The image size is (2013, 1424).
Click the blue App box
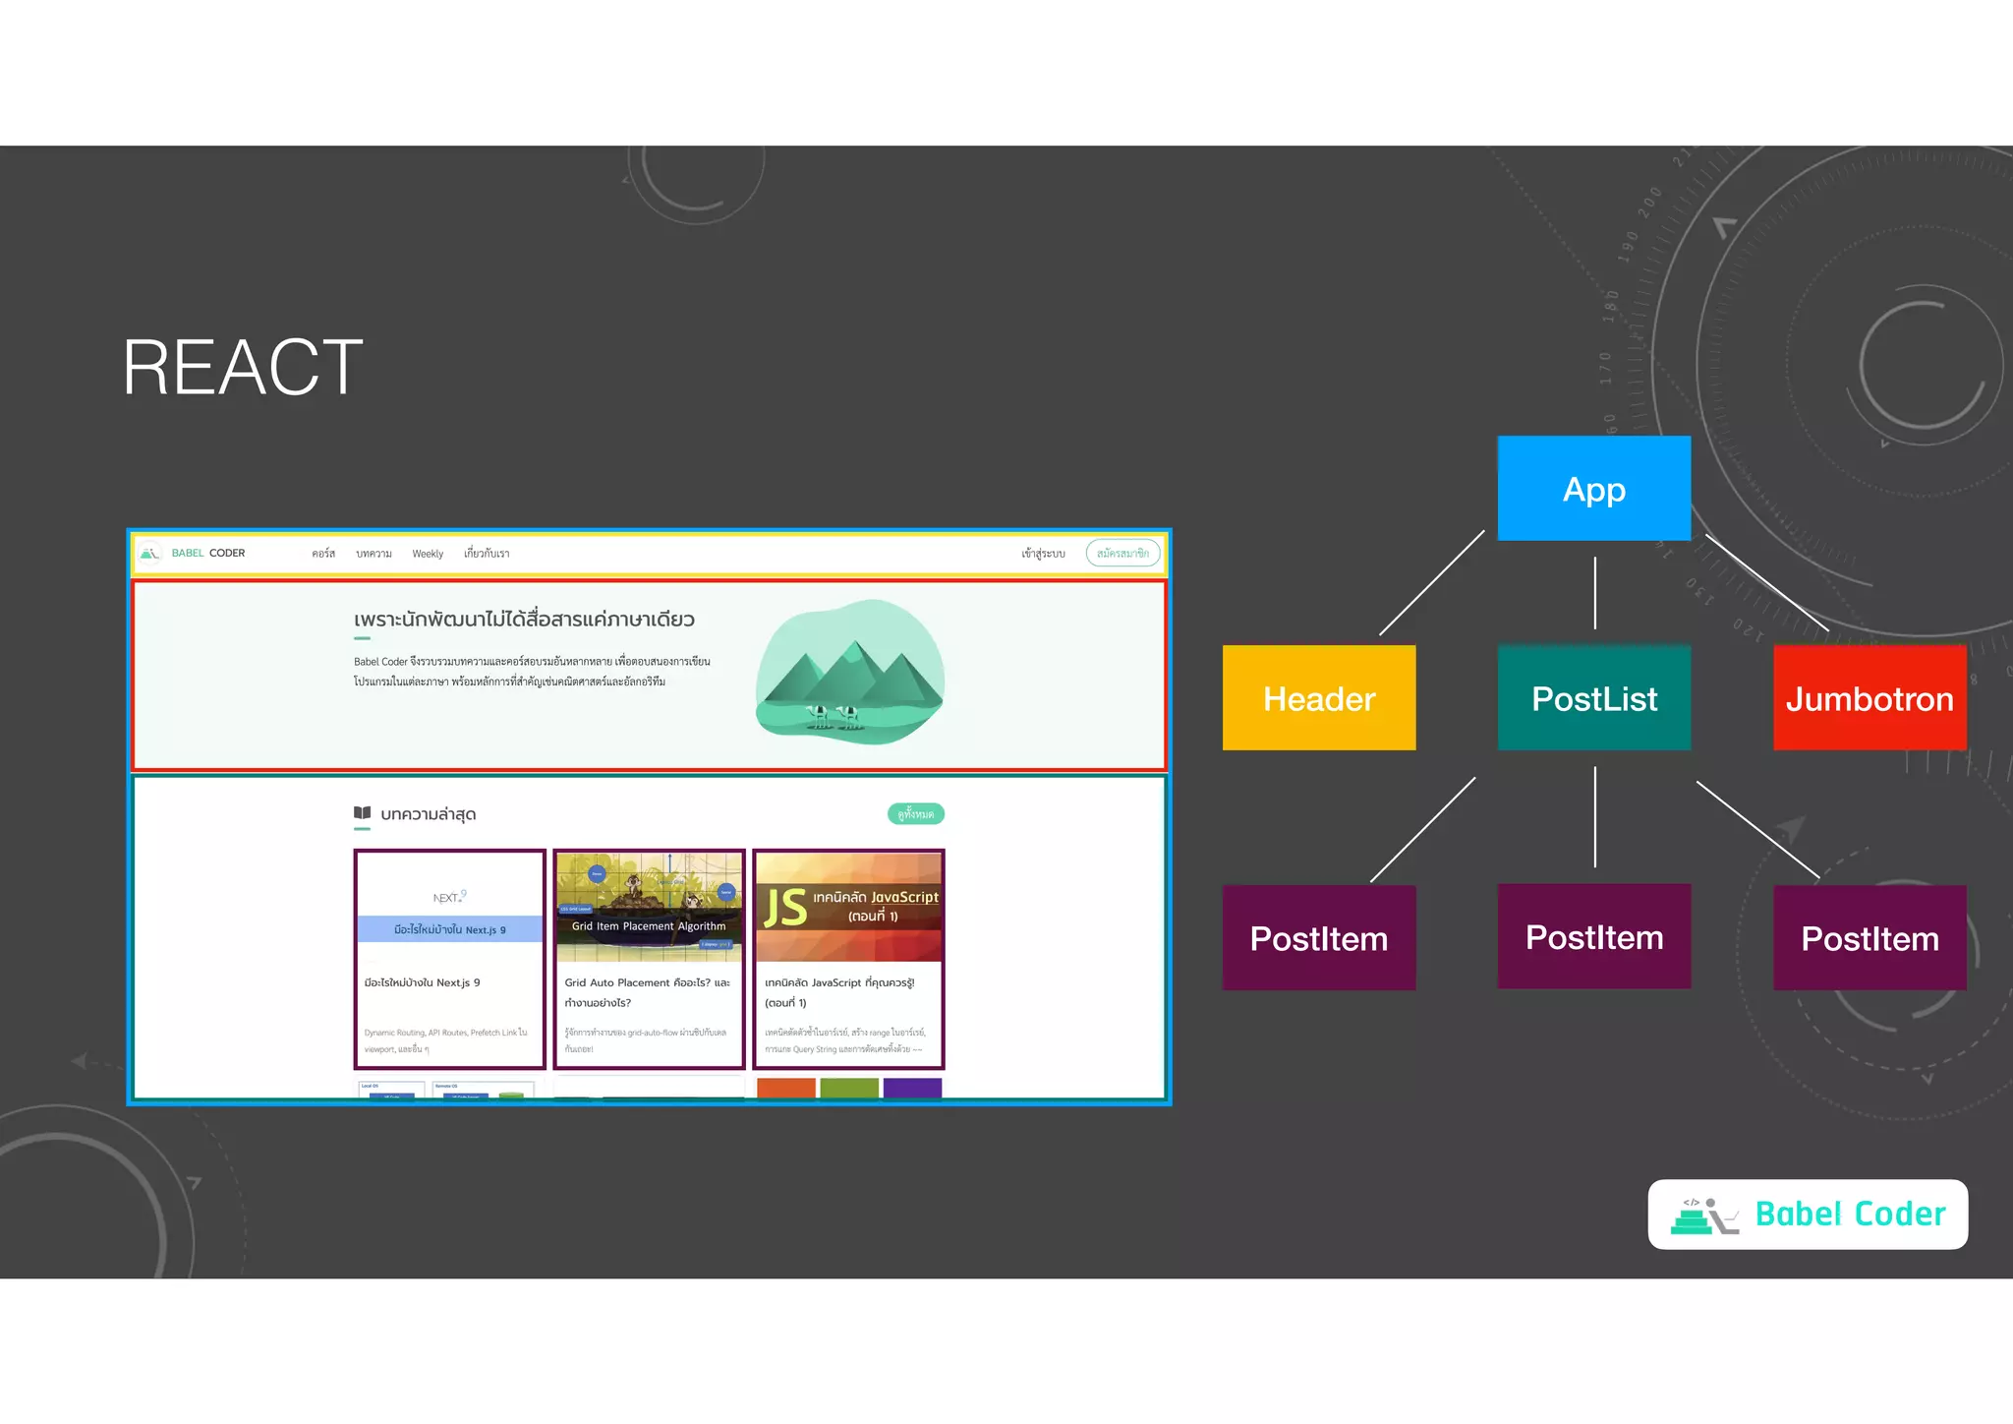tap(1593, 488)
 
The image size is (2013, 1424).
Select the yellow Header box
tap(1318, 697)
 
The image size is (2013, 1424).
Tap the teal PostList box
tap(1593, 697)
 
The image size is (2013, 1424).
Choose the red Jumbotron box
tap(1869, 697)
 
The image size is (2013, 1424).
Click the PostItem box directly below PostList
tap(1593, 936)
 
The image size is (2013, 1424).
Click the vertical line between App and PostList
tap(1594, 593)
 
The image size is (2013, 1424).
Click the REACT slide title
tap(243, 368)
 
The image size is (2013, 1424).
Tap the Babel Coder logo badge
tap(1807, 1214)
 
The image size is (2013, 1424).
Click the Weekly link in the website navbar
tap(428, 554)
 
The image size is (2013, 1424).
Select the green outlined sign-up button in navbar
tap(1122, 554)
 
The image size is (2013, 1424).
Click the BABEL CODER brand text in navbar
tap(208, 553)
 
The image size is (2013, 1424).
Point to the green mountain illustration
tap(849, 672)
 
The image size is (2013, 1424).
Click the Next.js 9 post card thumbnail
tap(450, 907)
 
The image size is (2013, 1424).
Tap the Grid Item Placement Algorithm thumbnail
tap(649, 907)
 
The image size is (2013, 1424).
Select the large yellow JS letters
tap(785, 907)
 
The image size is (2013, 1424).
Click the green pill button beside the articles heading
tap(915, 813)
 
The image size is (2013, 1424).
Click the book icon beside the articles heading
tap(362, 813)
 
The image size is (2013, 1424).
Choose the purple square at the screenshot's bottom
tap(912, 1088)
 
